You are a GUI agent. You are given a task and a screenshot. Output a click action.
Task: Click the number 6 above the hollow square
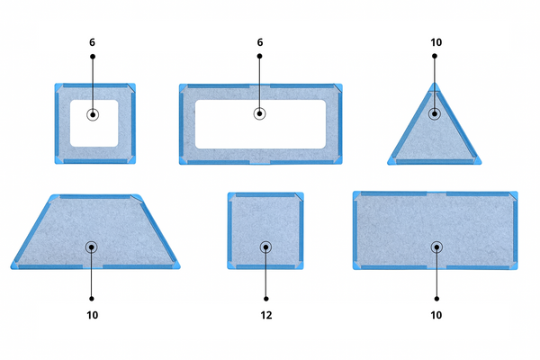point(92,42)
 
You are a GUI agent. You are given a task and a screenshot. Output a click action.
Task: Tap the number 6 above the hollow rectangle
point(260,42)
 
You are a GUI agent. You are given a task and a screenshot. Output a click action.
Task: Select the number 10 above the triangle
point(436,42)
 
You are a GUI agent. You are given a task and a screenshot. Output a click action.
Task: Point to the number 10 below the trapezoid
point(93,315)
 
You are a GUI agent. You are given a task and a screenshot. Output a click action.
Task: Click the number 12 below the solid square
point(266,315)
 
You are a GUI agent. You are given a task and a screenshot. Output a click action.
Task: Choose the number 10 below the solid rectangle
point(436,315)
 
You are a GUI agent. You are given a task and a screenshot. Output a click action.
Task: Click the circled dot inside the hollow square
point(93,114)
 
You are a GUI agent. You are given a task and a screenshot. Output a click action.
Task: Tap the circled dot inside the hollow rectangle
point(260,113)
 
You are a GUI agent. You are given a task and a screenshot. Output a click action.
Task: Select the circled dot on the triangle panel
point(435,113)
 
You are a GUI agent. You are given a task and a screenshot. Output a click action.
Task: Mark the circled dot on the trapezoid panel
point(91,247)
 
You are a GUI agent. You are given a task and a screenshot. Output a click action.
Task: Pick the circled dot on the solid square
point(265,247)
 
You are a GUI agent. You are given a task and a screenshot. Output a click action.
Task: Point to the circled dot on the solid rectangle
point(436,247)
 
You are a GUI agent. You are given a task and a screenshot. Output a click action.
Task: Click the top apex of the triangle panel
point(435,83)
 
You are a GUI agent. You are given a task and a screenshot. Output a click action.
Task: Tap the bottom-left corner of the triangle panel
point(388,164)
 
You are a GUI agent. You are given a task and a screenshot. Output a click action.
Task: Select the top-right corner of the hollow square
point(135,84)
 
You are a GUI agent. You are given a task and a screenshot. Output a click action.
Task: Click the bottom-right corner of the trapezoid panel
point(179,268)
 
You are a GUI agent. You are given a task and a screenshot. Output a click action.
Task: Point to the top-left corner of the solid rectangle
point(354,192)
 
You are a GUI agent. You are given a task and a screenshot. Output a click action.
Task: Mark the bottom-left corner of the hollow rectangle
point(180,164)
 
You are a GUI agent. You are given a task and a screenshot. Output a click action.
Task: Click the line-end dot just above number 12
point(265,299)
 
